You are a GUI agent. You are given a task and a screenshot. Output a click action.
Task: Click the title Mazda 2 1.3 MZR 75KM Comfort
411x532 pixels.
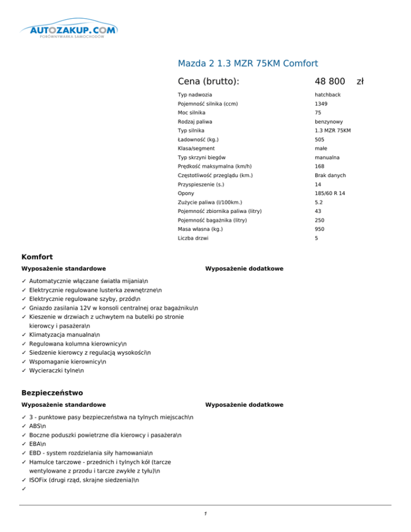pos(248,63)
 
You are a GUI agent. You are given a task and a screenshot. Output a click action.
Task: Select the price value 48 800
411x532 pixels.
pos(329,81)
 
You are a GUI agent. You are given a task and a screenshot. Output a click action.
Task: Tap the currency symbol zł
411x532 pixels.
pos(360,81)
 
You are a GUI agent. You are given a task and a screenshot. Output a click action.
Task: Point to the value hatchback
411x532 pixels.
pos(328,95)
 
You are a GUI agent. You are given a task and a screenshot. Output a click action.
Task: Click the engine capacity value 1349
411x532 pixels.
pos(321,103)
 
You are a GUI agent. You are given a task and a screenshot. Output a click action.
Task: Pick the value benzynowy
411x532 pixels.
pos(328,121)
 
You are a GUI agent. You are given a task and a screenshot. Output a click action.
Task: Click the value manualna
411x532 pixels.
pos(326,157)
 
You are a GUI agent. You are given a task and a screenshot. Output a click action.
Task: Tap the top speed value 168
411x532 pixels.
pos(319,166)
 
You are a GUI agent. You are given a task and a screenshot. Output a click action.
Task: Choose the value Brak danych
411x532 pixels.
pos(331,176)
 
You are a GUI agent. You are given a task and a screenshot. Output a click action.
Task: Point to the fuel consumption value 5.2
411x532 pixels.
pos(319,202)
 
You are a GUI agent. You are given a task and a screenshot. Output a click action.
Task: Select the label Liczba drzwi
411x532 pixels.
pos(194,238)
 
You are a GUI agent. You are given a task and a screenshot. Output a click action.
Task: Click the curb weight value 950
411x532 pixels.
pos(319,229)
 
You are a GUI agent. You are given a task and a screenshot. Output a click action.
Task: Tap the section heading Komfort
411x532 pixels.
pos(37,257)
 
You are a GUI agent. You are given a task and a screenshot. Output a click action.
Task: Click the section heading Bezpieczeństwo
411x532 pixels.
pos(52,393)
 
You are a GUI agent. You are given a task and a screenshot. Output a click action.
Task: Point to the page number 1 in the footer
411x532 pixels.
pos(205,514)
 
